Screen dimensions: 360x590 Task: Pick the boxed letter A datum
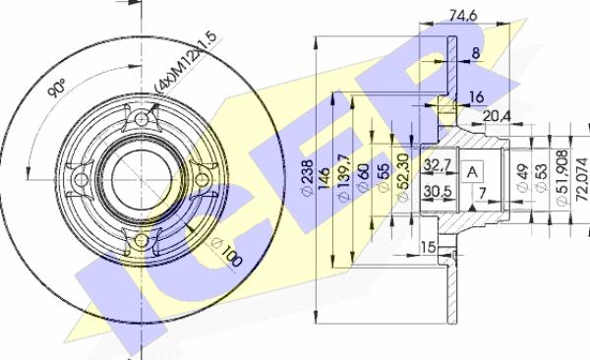coord(474,172)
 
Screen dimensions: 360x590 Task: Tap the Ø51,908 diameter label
coord(560,177)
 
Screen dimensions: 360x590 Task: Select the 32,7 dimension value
coord(438,163)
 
